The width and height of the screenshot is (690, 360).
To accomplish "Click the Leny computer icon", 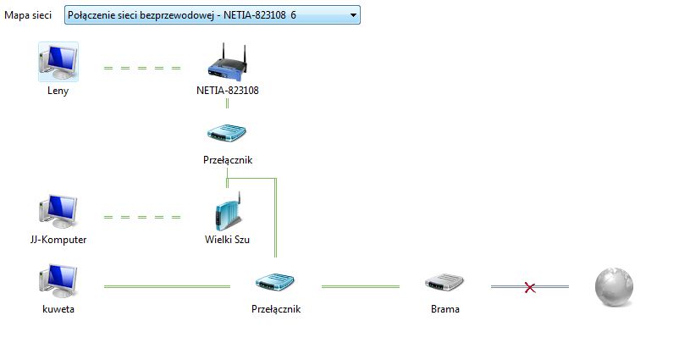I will pos(58,63).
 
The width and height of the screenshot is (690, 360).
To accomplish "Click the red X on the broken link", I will pos(530,288).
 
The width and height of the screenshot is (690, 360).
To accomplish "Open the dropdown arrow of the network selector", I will pos(352,15).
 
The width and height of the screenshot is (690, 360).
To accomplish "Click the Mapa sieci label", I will pos(28,15).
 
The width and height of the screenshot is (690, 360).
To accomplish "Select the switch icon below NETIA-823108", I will pos(227,134).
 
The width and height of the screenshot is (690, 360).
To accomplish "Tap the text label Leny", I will pos(58,91).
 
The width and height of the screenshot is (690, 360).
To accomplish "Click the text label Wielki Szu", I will pos(227,240).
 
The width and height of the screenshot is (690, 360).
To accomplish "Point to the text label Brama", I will pos(444,309).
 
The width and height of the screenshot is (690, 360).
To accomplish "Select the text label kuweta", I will pos(58,309).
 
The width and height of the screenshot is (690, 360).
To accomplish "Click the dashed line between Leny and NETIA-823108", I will pos(141,68).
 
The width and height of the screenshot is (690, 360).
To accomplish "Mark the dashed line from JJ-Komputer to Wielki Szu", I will pos(141,218).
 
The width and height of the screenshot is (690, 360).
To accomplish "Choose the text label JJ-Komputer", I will pos(58,240).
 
